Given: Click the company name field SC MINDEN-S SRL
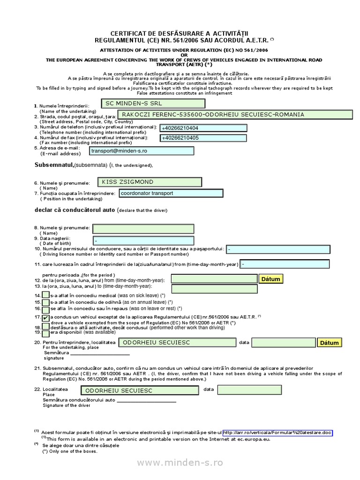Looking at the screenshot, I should (153, 103).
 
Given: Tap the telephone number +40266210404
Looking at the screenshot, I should (203, 128).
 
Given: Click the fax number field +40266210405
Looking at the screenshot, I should (203, 138).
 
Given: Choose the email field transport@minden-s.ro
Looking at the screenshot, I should (142, 151).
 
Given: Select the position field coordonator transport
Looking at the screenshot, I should (171, 193).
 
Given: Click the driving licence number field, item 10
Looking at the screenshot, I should (278, 249).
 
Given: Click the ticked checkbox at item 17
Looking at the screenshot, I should (45, 318).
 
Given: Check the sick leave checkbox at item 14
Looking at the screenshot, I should (45, 295).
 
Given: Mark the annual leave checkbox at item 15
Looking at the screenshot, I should (45, 302).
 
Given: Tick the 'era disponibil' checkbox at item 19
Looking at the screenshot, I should (45, 333).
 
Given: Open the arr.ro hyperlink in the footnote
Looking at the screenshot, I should (277, 433).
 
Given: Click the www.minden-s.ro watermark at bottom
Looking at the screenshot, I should (180, 463).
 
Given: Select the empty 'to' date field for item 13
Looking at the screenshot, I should (214, 289).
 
